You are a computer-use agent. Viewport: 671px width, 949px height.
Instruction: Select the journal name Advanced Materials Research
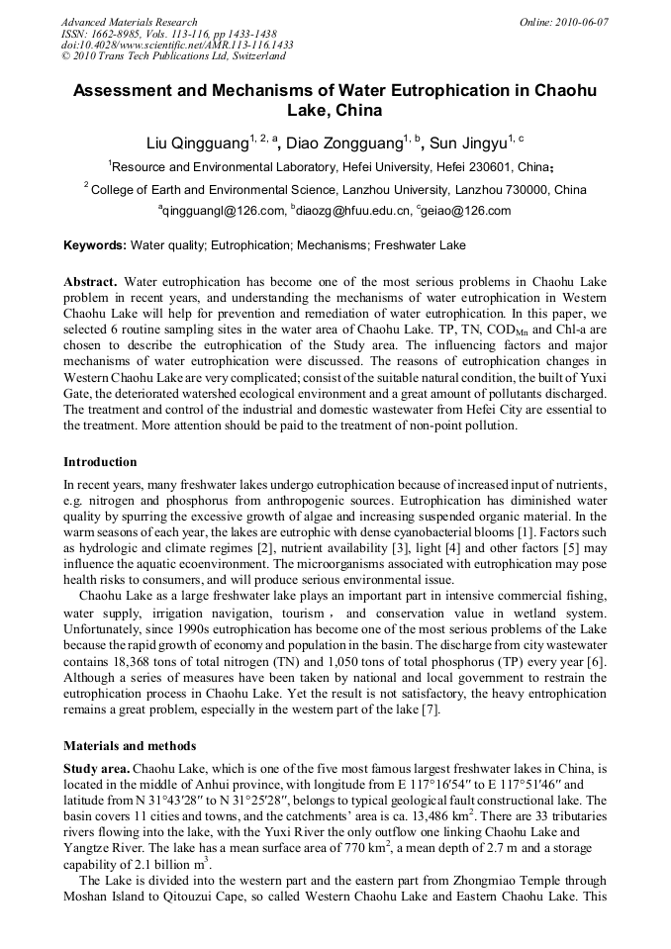[x=129, y=22]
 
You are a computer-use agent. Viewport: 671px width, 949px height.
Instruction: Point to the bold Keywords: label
[x=95, y=245]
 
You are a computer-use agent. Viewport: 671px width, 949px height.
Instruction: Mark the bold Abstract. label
[x=91, y=282]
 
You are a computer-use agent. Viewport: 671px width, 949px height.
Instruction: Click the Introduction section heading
[x=100, y=461]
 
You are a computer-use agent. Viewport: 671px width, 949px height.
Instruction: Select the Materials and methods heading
[x=129, y=745]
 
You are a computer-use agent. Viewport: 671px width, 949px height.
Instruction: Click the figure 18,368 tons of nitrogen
[x=156, y=660]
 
